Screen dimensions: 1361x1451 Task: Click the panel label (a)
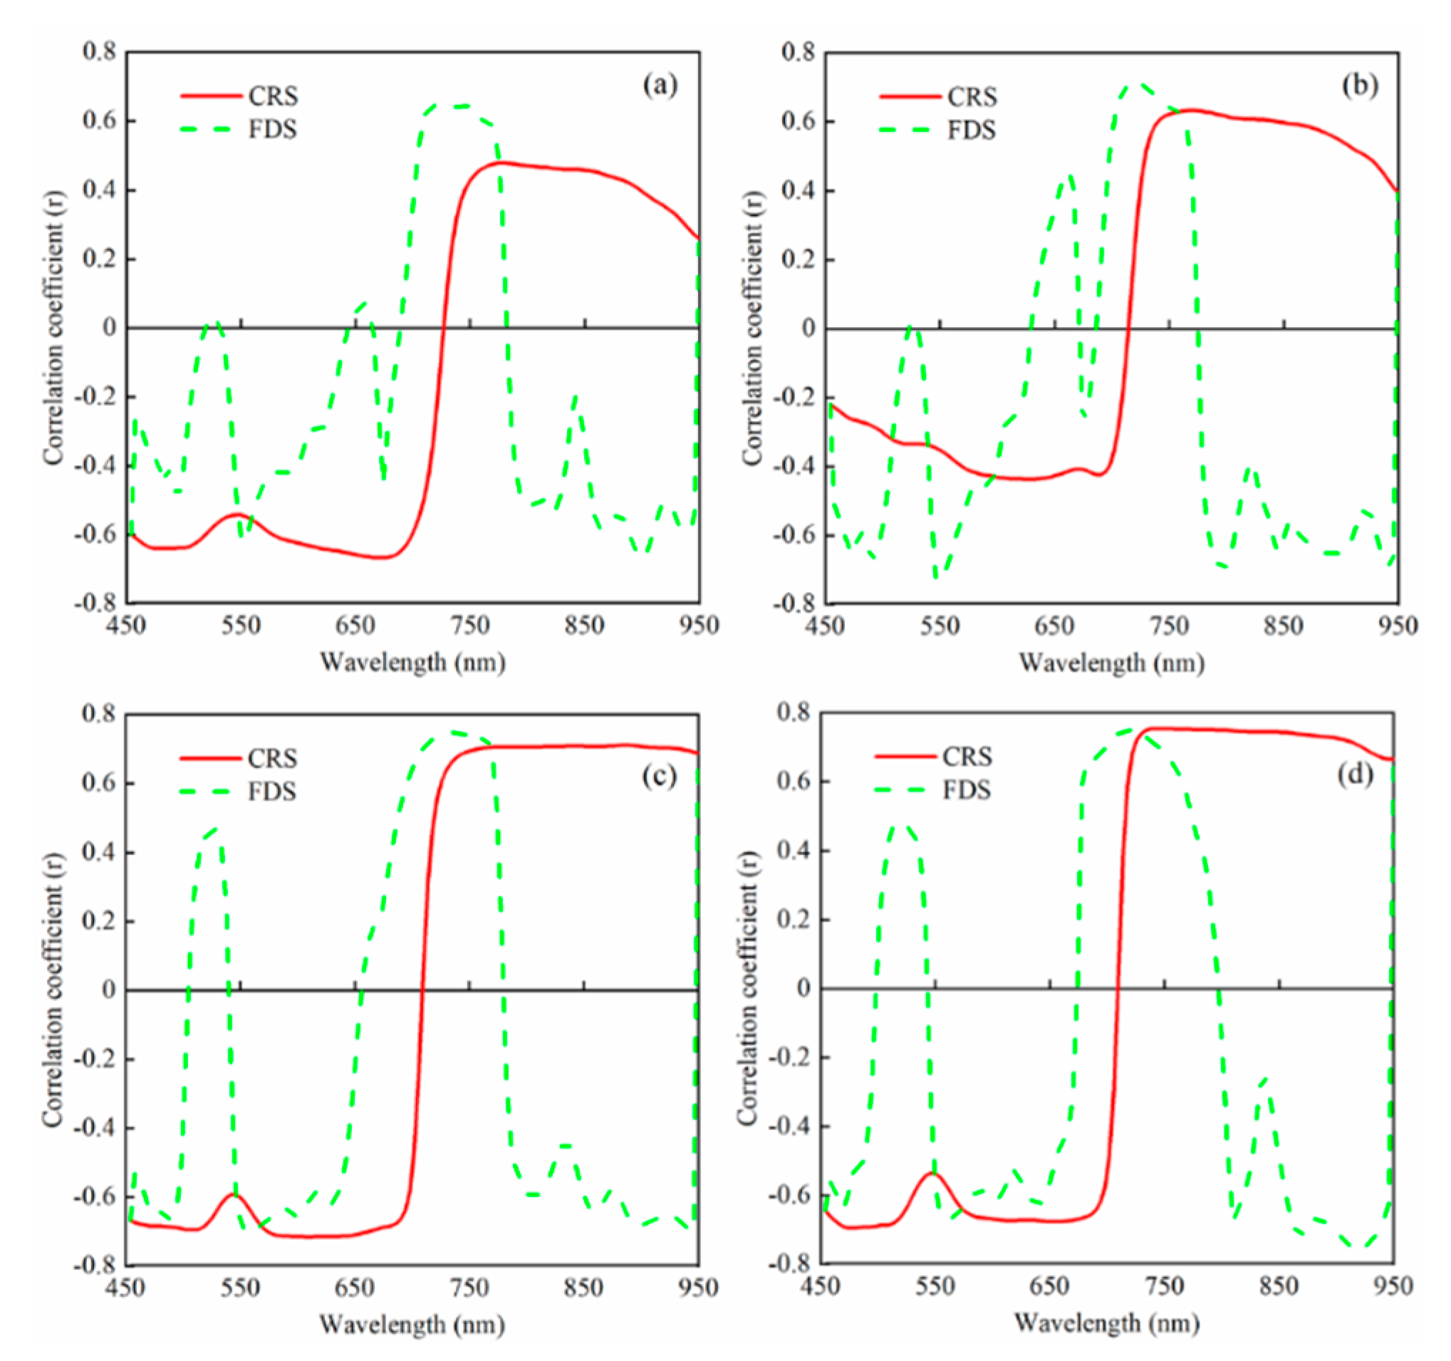pos(660,86)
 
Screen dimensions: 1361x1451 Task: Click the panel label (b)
pos(1360,86)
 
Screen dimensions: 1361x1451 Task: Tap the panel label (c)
pos(660,776)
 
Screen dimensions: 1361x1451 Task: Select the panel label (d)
pos(1356,774)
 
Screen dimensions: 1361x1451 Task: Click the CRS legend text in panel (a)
pos(273,95)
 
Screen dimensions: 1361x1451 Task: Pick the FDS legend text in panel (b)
pos(972,130)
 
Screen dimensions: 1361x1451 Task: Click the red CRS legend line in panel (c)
pos(210,759)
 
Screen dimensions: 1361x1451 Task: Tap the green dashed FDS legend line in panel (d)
pos(905,790)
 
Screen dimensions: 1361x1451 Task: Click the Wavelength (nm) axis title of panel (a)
pos(413,662)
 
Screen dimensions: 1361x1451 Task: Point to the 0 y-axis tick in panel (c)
pos(109,990)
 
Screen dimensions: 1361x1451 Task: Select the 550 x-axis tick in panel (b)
pos(940,626)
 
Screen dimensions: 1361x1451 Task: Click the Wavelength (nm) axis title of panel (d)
pos(1106,1323)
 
